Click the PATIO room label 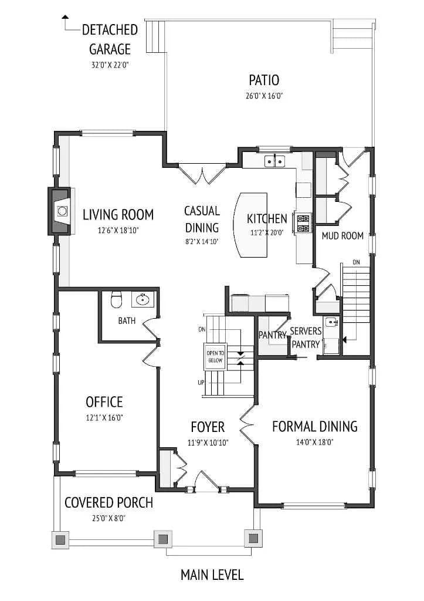(x=264, y=80)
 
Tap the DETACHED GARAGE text (x=110, y=39)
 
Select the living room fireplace (x=60, y=211)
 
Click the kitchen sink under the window (x=275, y=161)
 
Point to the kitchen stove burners (x=303, y=223)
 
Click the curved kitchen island (x=251, y=225)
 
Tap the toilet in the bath (x=116, y=299)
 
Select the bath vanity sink (x=143, y=299)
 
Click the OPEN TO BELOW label (x=215, y=356)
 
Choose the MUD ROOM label (x=342, y=235)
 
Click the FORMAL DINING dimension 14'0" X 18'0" (x=315, y=442)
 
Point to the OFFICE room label (x=104, y=401)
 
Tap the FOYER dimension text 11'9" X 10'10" (x=208, y=443)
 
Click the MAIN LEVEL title (x=212, y=575)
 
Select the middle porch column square (x=163, y=539)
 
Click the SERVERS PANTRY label (x=306, y=337)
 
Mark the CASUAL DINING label (x=202, y=219)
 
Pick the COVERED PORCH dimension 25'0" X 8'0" (x=108, y=518)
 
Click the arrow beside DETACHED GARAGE (x=69, y=23)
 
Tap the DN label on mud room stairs (x=356, y=262)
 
